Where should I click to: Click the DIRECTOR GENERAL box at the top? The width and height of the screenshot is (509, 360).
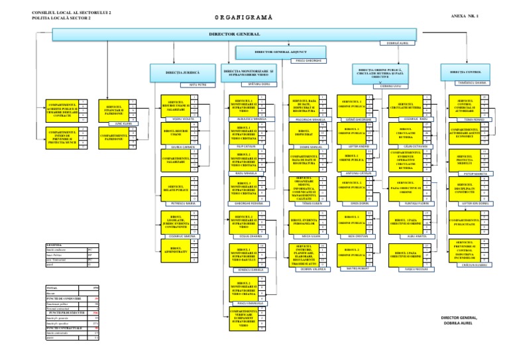pyautogui.click(x=226, y=34)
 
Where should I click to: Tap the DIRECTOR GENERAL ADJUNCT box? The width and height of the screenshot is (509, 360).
pyautogui.click(x=282, y=50)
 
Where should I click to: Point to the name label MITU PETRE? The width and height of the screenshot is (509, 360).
pyautogui.click(x=189, y=86)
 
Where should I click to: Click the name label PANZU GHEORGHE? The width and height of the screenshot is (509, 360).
pyautogui.click(x=308, y=60)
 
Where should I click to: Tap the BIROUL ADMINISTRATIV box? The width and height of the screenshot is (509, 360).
pyautogui.click(x=176, y=248)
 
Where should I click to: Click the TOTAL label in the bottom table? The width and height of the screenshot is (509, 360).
pyautogui.click(x=52, y=287)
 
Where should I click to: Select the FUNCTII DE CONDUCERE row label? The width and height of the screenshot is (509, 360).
pyautogui.click(x=60, y=299)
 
